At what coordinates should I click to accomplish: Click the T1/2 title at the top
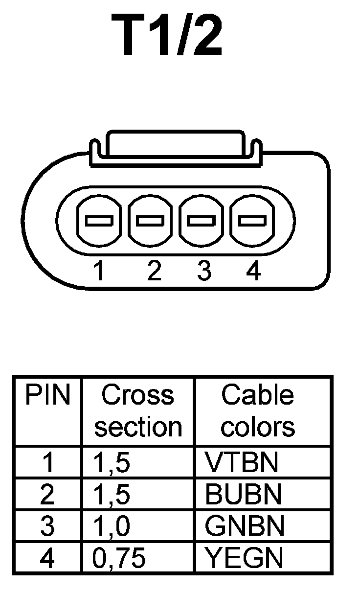[167, 36]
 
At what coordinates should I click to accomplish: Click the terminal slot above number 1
[100, 221]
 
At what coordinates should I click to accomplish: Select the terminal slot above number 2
[151, 221]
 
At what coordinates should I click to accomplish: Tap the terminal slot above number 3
[202, 221]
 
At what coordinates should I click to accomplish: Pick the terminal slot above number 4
[252, 221]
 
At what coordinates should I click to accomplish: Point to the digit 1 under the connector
[99, 271]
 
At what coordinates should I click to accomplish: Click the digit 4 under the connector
[253, 271]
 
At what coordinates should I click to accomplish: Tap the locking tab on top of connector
[175, 145]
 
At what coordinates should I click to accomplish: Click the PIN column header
[47, 396]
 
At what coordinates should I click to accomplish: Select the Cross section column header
[138, 411]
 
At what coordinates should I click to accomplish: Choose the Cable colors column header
[258, 411]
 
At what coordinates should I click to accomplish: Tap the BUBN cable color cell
[244, 495]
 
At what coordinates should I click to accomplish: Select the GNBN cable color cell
[245, 526]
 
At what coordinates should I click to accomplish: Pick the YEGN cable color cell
[244, 558]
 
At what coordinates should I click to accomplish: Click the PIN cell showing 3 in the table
[47, 526]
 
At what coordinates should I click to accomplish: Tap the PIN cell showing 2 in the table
[47, 495]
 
